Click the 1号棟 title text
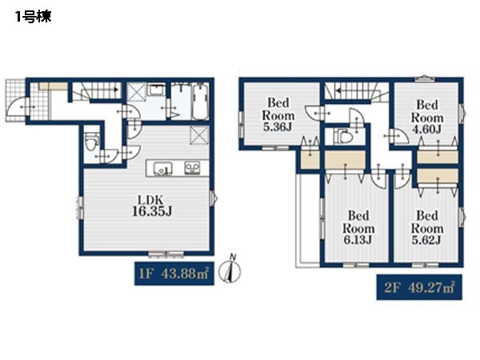coord(33,17)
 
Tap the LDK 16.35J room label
coord(152,206)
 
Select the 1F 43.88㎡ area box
coord(174,274)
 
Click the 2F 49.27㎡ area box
coord(419,287)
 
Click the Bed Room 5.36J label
coord(278,114)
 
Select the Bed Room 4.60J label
coord(427,117)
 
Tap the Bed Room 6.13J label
coord(358,227)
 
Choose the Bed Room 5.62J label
coord(427,227)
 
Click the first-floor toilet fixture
coord(91,142)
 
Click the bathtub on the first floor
coord(201,102)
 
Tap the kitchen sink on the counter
coord(162,168)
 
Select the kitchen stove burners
coord(192,168)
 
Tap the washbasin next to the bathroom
coord(155,90)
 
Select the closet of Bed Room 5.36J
coord(310,159)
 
